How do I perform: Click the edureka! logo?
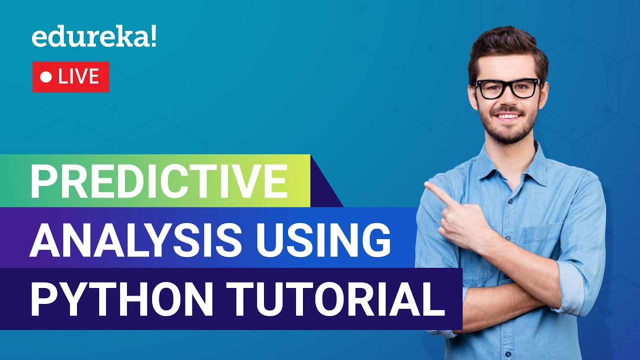coord(93,38)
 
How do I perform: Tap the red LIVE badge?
coord(70,77)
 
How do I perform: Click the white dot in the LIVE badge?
coord(46,77)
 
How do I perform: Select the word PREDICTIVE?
coord(159,180)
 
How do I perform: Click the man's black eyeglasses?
coord(507,88)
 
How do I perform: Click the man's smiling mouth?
coord(507,116)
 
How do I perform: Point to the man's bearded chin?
coord(507,134)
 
